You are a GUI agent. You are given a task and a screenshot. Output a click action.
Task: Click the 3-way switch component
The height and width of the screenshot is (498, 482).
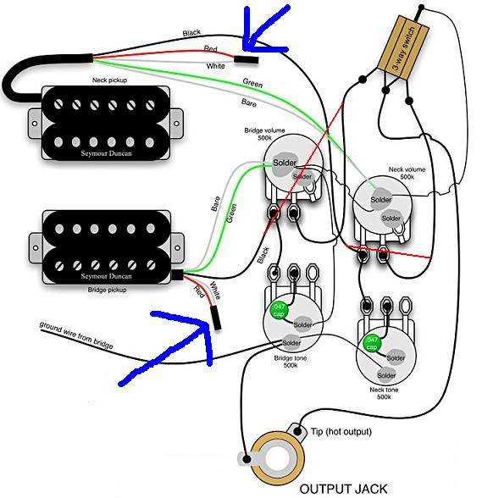tap(403, 47)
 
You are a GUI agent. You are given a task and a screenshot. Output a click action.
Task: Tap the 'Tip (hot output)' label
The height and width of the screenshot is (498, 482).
tap(341, 432)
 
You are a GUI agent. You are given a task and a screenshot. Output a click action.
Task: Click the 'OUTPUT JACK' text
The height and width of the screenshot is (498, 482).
tap(343, 489)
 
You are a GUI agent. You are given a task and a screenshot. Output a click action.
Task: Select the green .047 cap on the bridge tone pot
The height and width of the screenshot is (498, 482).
tap(279, 310)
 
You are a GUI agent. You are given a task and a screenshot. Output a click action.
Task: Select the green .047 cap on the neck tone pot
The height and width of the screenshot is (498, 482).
tap(371, 343)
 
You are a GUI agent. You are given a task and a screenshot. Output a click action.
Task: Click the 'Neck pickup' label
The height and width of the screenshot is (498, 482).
tap(109, 80)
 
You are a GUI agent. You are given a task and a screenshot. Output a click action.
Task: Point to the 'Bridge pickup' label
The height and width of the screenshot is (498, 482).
tap(107, 290)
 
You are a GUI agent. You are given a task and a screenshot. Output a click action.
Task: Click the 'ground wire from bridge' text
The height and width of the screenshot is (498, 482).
tap(76, 335)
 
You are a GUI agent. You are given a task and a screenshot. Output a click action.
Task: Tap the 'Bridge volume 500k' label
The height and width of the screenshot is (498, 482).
tap(264, 134)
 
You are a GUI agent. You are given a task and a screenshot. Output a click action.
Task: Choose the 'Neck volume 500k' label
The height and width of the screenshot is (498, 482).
tap(407, 173)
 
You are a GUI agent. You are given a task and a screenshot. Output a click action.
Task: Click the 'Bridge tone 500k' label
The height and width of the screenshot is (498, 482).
tap(291, 362)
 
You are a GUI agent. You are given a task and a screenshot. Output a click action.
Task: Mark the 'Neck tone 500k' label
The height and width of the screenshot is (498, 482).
tap(384, 393)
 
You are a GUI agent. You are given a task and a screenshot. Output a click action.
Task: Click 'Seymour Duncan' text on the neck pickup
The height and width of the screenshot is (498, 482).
tap(106, 153)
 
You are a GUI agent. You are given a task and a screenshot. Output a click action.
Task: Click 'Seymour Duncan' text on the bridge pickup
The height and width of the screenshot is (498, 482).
tap(106, 276)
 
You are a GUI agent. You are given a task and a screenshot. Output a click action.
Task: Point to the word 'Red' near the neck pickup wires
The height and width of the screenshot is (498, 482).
tap(210, 48)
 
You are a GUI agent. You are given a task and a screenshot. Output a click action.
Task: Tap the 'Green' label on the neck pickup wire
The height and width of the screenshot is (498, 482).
tap(252, 83)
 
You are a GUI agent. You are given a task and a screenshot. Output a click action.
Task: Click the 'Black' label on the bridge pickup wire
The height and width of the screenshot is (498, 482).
tap(263, 255)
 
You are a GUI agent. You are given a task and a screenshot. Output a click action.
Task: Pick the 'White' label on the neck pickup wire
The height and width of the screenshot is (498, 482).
tap(215, 66)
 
